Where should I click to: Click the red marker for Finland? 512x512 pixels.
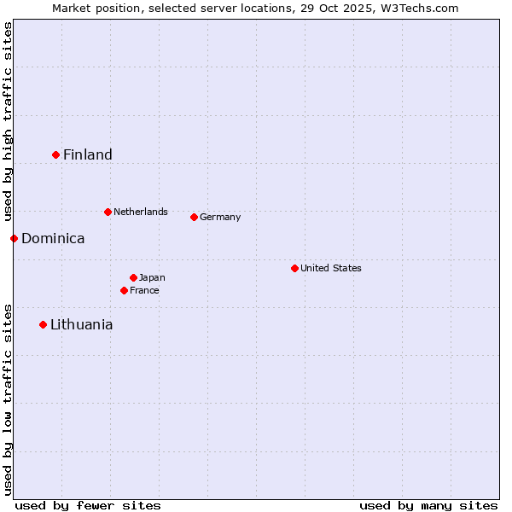(x=56, y=154)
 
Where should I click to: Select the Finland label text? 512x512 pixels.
(x=87, y=154)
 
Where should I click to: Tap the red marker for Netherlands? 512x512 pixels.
(x=108, y=212)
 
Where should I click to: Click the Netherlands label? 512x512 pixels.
(x=140, y=212)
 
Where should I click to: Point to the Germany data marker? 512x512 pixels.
(x=195, y=217)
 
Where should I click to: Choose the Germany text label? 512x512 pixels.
(x=220, y=217)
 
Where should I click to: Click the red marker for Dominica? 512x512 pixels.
(x=15, y=238)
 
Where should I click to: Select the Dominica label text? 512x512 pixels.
(x=53, y=238)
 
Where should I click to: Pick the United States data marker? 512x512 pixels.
(x=295, y=268)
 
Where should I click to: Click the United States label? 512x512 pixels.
(x=331, y=268)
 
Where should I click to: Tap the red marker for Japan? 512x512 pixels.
(x=134, y=277)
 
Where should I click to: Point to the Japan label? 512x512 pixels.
(x=152, y=277)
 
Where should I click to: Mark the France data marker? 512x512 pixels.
(x=125, y=290)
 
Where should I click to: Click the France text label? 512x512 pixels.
(x=144, y=290)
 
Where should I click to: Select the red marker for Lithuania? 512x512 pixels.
(x=44, y=324)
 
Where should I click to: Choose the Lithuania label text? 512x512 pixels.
(x=81, y=324)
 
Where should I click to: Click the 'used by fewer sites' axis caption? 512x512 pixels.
(x=88, y=505)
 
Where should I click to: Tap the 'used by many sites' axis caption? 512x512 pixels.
(x=428, y=505)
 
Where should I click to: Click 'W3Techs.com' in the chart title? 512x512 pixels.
(x=421, y=8)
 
